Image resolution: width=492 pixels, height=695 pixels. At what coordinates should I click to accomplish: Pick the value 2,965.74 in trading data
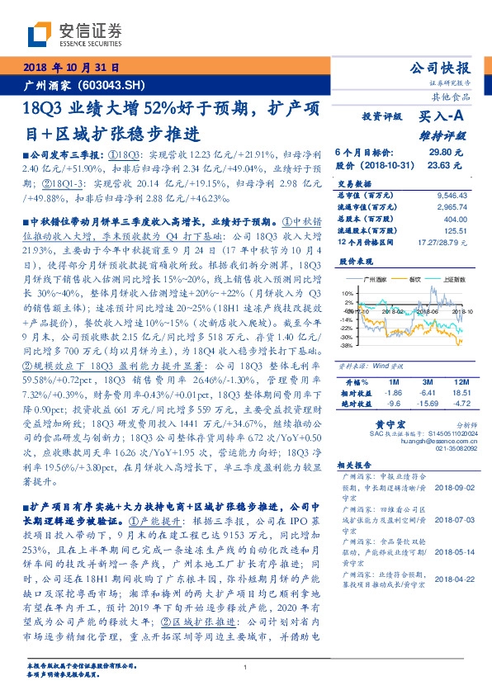coord(447,206)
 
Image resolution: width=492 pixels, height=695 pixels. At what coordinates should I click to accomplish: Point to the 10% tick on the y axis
coord(347,293)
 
